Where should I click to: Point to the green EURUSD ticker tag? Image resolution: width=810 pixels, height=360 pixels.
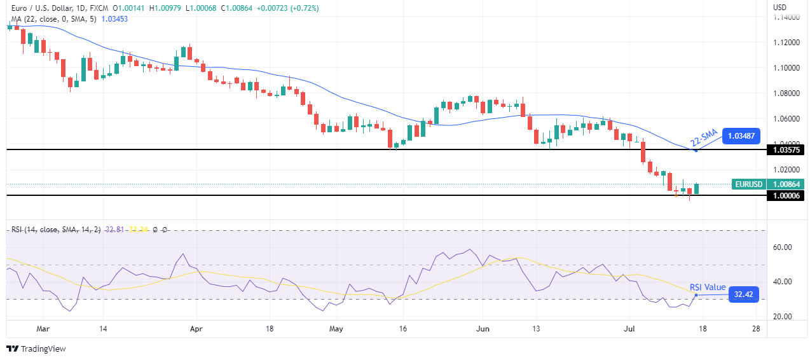748,184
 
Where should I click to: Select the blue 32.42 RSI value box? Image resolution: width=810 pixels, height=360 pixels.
743,294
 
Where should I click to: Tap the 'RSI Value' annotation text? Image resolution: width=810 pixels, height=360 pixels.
707,287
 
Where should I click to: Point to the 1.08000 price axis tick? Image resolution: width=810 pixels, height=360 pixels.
786,93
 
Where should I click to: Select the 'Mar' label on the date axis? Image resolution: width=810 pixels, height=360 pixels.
43,329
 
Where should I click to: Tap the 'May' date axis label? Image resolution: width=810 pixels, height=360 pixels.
336,329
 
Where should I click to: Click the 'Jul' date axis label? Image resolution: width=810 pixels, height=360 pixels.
628,329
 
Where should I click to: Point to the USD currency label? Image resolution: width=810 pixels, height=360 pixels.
779,7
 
